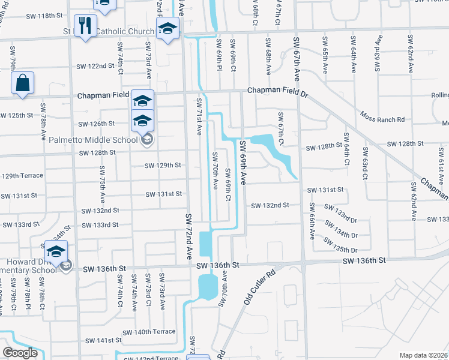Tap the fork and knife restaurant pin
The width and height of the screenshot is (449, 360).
coord(85,25)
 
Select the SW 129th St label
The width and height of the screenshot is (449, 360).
coord(162,165)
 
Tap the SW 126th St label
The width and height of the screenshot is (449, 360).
coord(96,124)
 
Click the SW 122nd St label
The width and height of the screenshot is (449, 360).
coord(95,66)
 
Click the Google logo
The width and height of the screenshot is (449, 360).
coord(20,353)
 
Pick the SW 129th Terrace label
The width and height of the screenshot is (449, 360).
coord(22,176)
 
